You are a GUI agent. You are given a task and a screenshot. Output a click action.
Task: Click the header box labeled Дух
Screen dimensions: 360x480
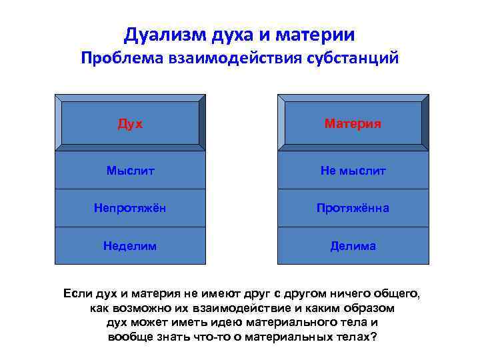click(130, 123)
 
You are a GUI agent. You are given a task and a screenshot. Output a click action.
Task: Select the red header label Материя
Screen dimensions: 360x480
click(353, 123)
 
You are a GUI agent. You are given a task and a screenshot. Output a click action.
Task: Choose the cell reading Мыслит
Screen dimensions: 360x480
click(130, 171)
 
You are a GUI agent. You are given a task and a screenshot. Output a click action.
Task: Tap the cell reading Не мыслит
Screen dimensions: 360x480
click(353, 171)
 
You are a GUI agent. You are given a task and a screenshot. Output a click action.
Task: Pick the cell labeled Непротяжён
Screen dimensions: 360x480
click(130, 208)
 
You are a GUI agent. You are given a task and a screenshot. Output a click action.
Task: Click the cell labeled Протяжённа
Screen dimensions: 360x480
click(353, 208)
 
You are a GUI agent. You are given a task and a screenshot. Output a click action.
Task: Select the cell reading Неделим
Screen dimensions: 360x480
click(130, 246)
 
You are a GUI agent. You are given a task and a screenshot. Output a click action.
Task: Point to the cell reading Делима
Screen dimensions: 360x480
click(353, 246)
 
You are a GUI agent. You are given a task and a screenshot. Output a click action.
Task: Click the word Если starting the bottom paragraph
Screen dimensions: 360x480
click(78, 293)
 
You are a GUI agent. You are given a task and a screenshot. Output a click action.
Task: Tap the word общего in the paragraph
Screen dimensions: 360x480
click(398, 293)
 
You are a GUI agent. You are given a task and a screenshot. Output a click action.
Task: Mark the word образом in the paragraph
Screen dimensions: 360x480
click(367, 308)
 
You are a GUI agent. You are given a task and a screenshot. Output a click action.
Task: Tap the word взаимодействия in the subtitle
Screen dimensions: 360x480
click(232, 58)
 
